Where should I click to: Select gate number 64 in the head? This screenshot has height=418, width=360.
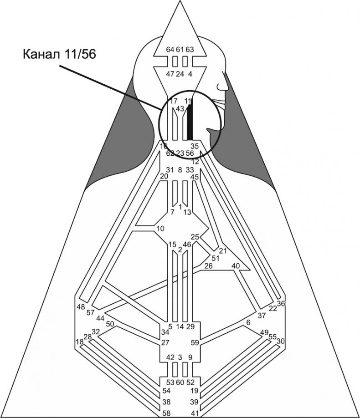point(170,49)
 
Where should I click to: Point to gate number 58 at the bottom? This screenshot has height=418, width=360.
point(168,413)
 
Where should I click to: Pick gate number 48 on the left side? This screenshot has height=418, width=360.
point(81,307)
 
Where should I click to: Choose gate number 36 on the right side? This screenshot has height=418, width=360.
point(281,304)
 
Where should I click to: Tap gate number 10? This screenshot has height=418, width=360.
point(160,228)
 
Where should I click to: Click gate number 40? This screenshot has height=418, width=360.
point(236,265)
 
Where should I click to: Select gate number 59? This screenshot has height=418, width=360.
point(195,342)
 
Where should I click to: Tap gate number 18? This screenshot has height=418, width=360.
point(80,342)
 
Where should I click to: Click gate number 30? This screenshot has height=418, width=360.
point(281,341)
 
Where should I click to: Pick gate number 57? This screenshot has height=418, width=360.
point(90,313)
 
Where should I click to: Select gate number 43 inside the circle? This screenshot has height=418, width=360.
point(180,109)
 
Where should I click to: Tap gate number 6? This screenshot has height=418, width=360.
point(248,322)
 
